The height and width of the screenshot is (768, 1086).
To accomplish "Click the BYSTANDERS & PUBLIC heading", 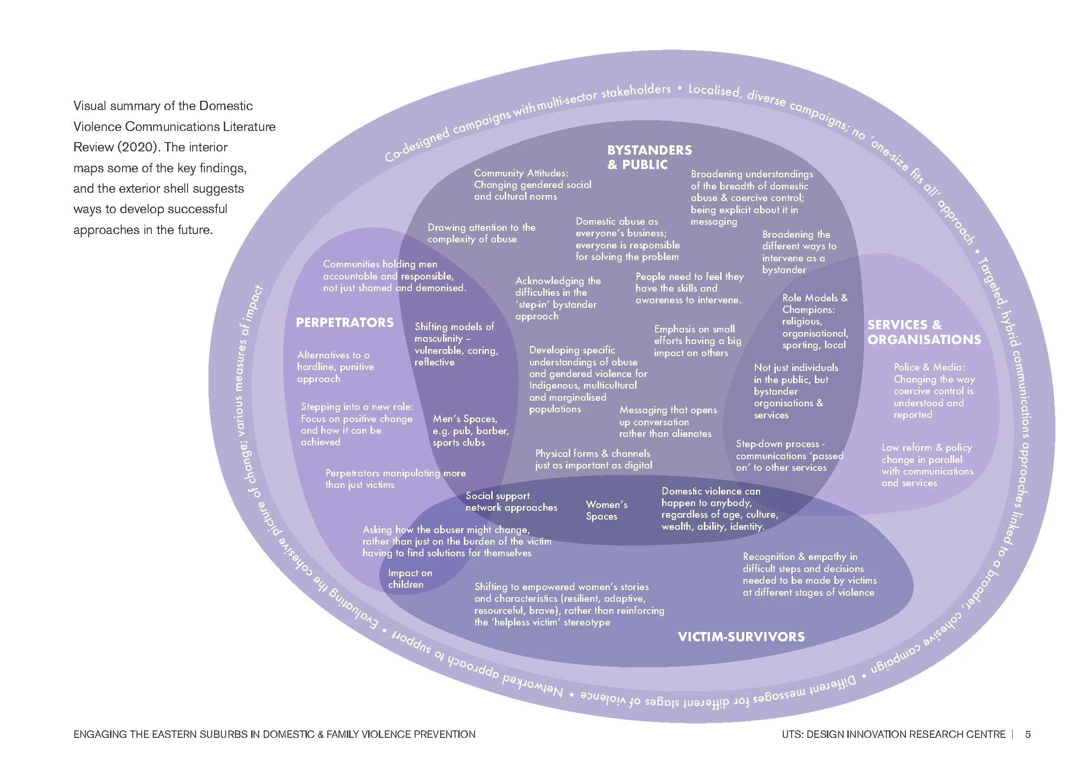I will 650,157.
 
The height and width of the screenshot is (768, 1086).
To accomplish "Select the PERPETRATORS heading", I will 345,323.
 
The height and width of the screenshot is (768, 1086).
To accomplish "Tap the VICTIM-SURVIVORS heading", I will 741,637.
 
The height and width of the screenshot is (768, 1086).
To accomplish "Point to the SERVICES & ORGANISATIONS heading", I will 924,332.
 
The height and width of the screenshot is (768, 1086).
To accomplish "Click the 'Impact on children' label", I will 410,579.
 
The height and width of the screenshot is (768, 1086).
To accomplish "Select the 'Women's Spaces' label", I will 606,510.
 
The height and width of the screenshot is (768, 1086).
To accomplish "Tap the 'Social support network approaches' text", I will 511,502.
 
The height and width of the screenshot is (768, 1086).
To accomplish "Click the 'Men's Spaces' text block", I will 471,431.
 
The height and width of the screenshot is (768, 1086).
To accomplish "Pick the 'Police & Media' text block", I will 934,391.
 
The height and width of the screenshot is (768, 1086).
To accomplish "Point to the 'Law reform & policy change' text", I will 927,465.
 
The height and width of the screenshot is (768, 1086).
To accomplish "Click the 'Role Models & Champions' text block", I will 815,321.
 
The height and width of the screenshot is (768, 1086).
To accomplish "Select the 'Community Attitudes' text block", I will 533,185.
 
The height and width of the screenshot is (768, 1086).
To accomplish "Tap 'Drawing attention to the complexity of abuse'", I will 481,233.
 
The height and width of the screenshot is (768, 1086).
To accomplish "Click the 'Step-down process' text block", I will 789,456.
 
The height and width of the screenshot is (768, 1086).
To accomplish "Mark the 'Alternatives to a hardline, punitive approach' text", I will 335,367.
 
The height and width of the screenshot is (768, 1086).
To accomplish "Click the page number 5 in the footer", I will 1028,735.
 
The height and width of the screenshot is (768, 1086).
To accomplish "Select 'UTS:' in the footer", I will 792,735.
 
